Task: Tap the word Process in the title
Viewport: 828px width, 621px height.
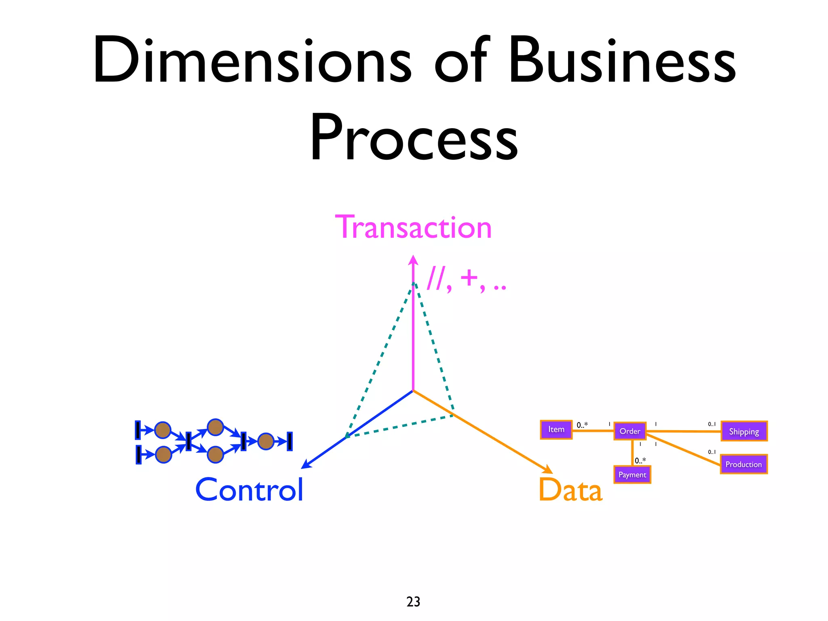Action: pyautogui.click(x=413, y=137)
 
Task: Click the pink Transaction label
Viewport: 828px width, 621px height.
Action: pyautogui.click(x=413, y=228)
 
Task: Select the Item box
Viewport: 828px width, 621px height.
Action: pyautogui.click(x=556, y=429)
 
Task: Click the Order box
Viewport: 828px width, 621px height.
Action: pyautogui.click(x=629, y=431)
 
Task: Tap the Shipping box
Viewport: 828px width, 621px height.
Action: pyautogui.click(x=744, y=431)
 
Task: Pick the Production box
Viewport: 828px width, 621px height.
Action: pyautogui.click(x=743, y=464)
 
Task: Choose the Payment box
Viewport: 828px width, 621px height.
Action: pyautogui.click(x=632, y=475)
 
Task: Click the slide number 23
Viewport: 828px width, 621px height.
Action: pyautogui.click(x=413, y=602)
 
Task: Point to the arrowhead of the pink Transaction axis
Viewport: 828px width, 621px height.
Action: pyautogui.click(x=413, y=259)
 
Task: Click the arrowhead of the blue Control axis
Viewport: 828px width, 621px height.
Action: pyautogui.click(x=306, y=465)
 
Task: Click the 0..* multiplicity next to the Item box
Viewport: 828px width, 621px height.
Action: pyautogui.click(x=582, y=425)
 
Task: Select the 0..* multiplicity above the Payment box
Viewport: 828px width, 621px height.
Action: pyautogui.click(x=640, y=460)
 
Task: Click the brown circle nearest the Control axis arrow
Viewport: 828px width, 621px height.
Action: pyautogui.click(x=266, y=441)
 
